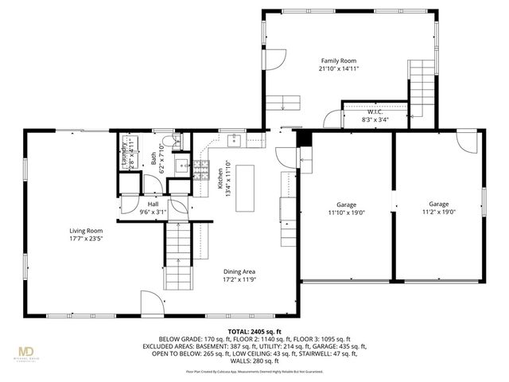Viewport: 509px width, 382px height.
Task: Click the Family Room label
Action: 338,60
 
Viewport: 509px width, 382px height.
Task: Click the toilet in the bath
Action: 177,142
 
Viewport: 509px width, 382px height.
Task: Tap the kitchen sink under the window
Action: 235,141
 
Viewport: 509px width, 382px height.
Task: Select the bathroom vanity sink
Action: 181,167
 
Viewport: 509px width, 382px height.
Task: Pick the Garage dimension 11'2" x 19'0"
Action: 439,212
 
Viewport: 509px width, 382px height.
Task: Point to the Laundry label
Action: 124,154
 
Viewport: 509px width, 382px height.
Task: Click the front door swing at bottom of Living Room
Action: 152,302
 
